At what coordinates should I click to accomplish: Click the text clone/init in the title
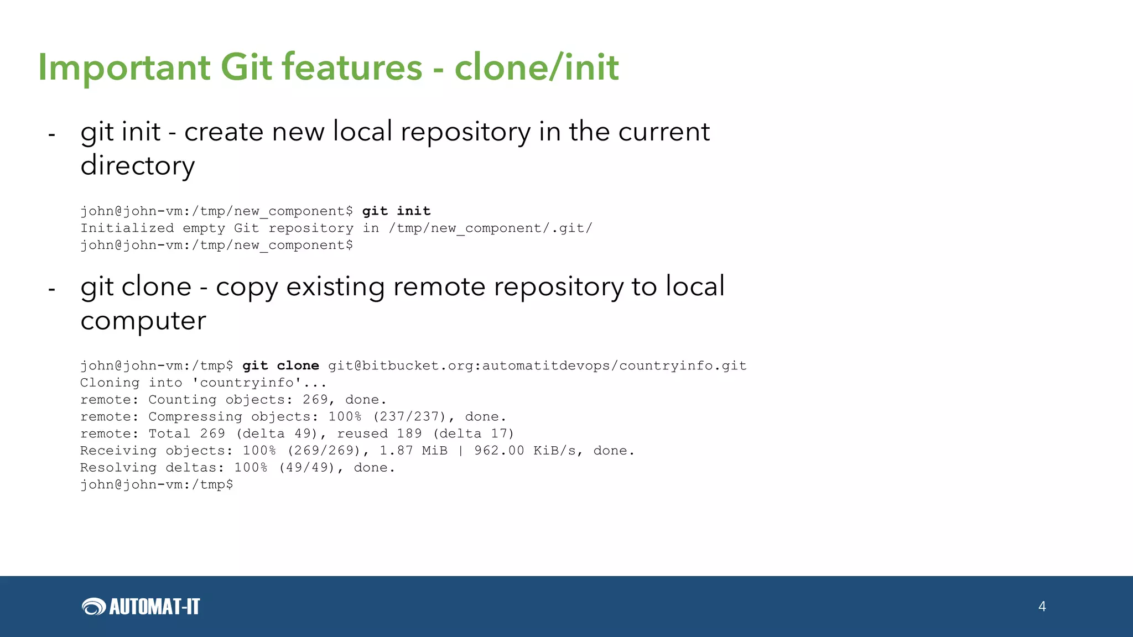(x=536, y=67)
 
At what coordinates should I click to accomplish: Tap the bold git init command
(x=396, y=211)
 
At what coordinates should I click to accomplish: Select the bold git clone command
(x=280, y=366)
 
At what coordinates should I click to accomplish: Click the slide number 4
(x=1042, y=607)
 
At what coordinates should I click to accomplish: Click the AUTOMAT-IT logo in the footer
(x=141, y=607)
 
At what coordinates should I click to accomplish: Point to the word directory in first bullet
(x=138, y=165)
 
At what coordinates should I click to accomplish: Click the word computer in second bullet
(x=143, y=320)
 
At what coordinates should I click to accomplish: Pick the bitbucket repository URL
(x=537, y=366)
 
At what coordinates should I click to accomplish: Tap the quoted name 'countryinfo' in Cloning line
(x=246, y=383)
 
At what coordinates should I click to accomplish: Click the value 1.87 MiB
(x=413, y=451)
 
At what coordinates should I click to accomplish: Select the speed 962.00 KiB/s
(x=525, y=451)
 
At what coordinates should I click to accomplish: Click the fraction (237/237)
(x=409, y=417)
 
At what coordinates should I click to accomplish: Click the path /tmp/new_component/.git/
(x=490, y=228)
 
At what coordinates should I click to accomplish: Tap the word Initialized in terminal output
(x=127, y=228)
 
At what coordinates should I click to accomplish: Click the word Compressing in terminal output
(x=195, y=417)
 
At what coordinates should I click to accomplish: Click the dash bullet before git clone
(x=51, y=289)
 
